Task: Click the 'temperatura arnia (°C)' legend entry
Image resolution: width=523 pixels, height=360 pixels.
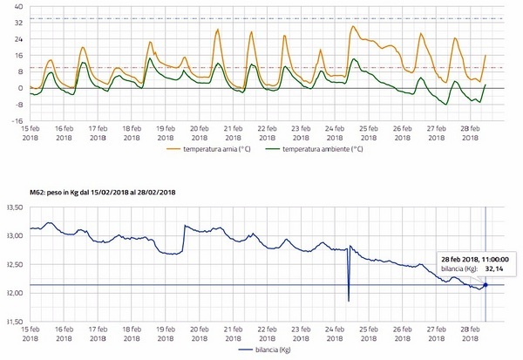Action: (x=221, y=149)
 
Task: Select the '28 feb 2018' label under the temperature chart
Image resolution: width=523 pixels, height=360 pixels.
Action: (x=471, y=132)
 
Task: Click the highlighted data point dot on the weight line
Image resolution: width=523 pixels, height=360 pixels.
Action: (x=486, y=284)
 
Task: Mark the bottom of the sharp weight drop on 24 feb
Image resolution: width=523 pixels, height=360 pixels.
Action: (x=348, y=302)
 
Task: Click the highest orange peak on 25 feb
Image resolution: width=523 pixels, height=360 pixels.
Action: (x=353, y=26)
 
